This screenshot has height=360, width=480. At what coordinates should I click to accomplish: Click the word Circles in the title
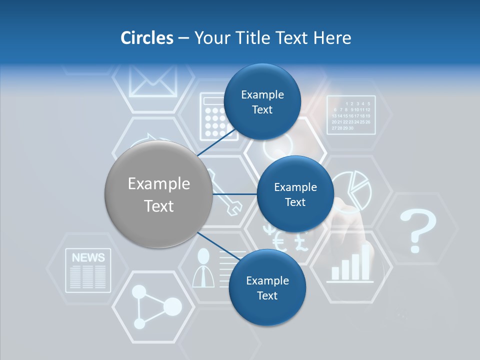pyautogui.click(x=146, y=38)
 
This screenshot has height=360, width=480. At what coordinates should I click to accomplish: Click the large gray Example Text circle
pyautogui.click(x=158, y=194)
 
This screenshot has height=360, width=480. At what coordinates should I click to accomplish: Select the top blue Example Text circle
pyautogui.click(x=262, y=102)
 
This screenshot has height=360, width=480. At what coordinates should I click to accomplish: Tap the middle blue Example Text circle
pyautogui.click(x=295, y=194)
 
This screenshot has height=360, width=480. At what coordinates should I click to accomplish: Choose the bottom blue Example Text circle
pyautogui.click(x=267, y=288)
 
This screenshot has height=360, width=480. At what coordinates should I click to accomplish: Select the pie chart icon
pyautogui.click(x=352, y=188)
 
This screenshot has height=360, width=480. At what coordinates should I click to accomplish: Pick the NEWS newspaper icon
pyautogui.click(x=88, y=270)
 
